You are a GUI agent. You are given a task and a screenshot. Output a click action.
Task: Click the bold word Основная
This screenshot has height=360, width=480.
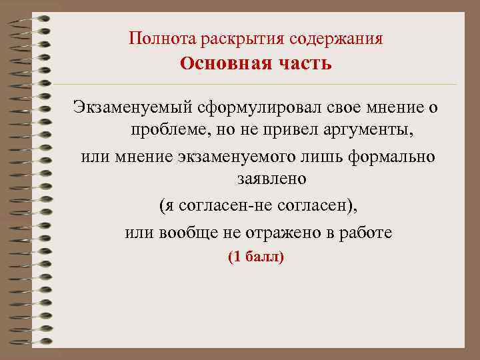click(218, 64)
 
